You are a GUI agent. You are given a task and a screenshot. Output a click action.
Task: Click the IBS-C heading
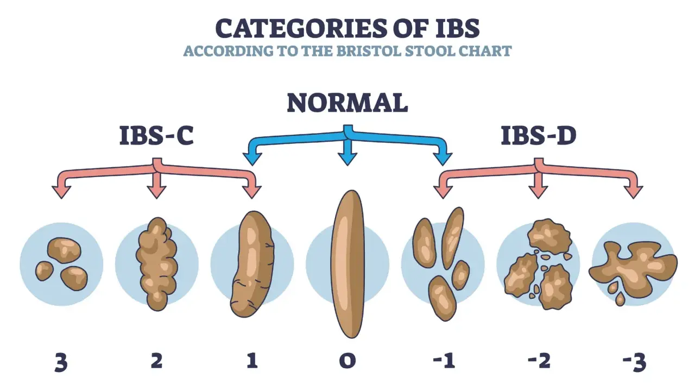[157, 136]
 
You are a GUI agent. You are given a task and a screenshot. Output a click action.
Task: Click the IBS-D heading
[539, 136]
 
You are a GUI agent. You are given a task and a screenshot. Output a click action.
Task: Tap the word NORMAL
[347, 103]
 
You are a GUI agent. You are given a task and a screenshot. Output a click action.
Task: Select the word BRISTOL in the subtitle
[369, 51]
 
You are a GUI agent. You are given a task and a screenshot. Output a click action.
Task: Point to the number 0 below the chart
[347, 361]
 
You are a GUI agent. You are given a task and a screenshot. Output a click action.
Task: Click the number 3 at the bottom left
[61, 362]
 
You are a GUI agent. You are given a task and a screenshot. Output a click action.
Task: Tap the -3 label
[634, 362]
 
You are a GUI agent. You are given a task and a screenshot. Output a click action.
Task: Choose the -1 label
[444, 361]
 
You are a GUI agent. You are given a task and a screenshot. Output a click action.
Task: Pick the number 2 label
[157, 361]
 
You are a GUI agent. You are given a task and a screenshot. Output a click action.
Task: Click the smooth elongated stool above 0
[347, 264]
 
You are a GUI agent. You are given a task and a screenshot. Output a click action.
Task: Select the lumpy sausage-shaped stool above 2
[157, 264]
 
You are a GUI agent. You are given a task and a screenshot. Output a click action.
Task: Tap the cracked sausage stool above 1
[252, 264]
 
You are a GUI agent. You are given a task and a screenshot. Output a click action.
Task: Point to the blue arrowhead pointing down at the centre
[347, 158]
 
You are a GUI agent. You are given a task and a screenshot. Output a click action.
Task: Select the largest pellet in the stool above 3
[64, 250]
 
